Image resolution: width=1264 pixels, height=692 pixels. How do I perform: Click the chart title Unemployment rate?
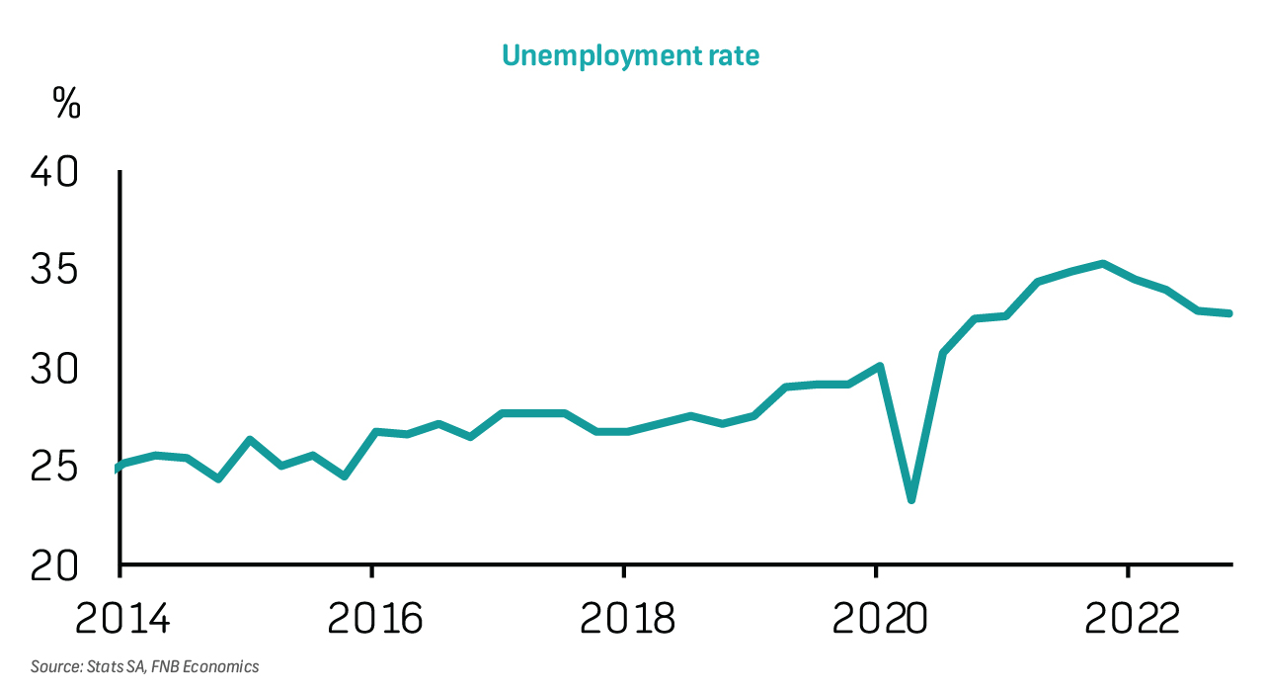pyautogui.click(x=631, y=55)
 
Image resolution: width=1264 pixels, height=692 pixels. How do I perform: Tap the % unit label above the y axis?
pyautogui.click(x=66, y=103)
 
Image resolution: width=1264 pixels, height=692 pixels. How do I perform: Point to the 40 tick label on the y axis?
pyautogui.click(x=53, y=174)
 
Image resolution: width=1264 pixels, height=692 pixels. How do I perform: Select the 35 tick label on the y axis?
pyautogui.click(x=53, y=272)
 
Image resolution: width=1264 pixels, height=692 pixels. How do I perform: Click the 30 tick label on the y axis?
pyautogui.click(x=53, y=370)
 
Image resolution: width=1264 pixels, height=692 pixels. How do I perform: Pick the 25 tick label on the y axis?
pyautogui.click(x=53, y=468)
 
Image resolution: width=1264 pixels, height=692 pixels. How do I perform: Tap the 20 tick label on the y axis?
pyautogui.click(x=53, y=565)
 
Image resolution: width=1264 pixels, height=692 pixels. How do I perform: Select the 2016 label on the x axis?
pyautogui.click(x=374, y=618)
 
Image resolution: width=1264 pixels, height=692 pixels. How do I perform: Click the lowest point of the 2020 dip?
pyautogui.click(x=910, y=499)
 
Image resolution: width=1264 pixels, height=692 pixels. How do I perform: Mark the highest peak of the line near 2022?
pyautogui.click(x=1102, y=264)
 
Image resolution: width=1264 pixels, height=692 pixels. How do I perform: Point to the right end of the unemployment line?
pyautogui.click(x=1230, y=313)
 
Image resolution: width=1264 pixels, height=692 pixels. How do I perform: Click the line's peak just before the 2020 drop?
pyautogui.click(x=879, y=366)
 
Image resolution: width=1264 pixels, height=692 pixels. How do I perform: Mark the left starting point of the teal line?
pyautogui.click(x=118, y=467)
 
